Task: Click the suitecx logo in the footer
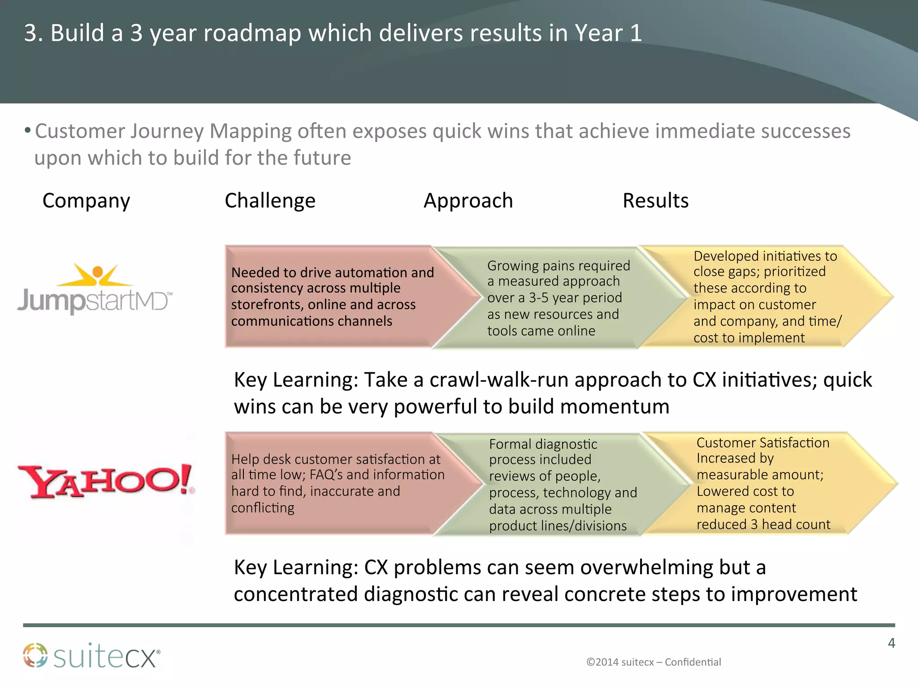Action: click(x=91, y=656)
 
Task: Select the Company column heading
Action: click(x=86, y=201)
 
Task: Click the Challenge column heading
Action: click(x=270, y=201)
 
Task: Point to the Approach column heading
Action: click(x=468, y=201)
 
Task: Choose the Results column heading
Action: click(x=655, y=201)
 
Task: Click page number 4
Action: click(x=891, y=643)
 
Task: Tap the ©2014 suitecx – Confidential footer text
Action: click(x=654, y=662)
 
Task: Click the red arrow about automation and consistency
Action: click(x=332, y=297)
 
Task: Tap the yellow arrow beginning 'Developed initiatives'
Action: click(x=762, y=297)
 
